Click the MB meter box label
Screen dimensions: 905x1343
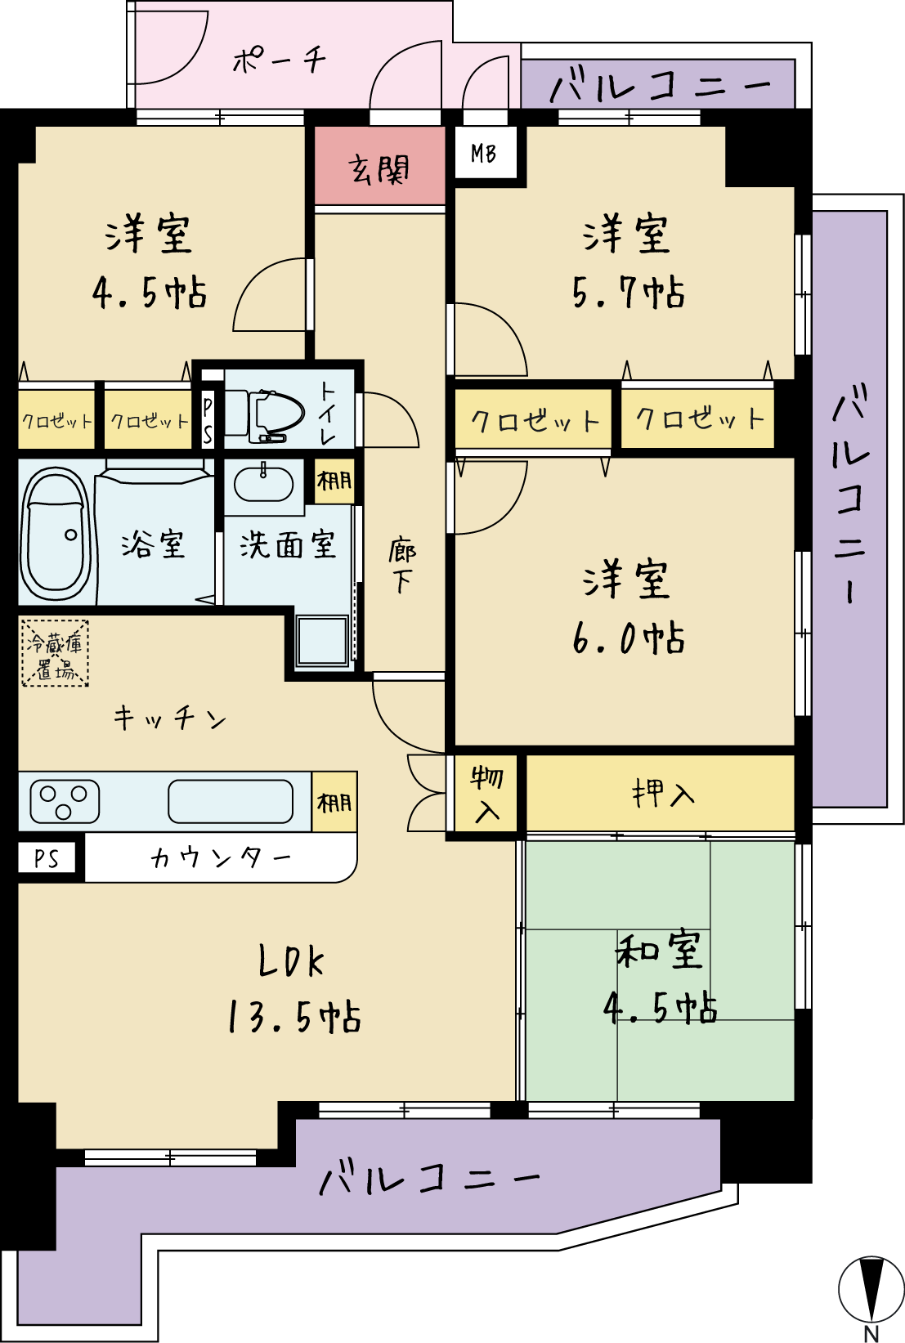pyautogui.click(x=483, y=154)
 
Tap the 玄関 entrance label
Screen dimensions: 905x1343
pyautogui.click(x=379, y=169)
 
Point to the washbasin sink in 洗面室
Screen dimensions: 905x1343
pyautogui.click(x=263, y=482)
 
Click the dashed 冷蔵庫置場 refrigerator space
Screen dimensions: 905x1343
pyautogui.click(x=55, y=653)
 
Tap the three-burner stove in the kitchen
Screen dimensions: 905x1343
pyautogui.click(x=64, y=800)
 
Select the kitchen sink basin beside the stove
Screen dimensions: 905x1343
pyautogui.click(x=231, y=801)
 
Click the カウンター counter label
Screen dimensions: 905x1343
pyautogui.click(x=220, y=858)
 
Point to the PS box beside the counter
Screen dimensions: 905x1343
pyautogui.click(x=47, y=858)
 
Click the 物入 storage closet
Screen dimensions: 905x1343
pyautogui.click(x=486, y=793)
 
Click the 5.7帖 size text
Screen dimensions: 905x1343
pyautogui.click(x=628, y=293)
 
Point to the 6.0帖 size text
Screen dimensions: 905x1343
pyautogui.click(x=628, y=638)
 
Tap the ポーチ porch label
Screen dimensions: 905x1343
pyautogui.click(x=280, y=60)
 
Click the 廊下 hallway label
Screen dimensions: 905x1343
pyautogui.click(x=402, y=566)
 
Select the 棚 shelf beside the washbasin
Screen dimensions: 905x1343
pyautogui.click(x=334, y=481)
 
